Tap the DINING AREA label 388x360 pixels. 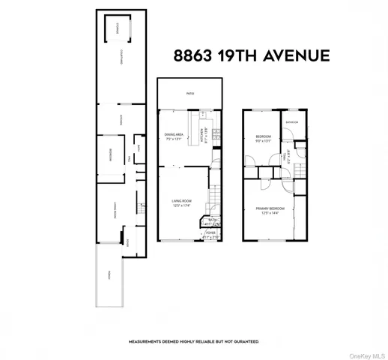coord(174,134)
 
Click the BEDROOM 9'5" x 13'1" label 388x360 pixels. coord(262,136)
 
